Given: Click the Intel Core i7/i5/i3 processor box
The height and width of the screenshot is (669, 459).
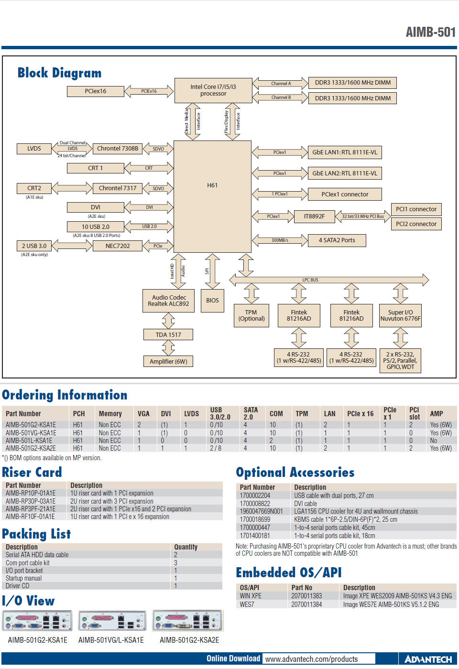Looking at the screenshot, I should pyautogui.click(x=213, y=90).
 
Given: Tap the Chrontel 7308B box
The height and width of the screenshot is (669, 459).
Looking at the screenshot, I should pyautogui.click(x=118, y=149).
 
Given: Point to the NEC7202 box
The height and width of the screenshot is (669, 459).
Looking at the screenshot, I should pyautogui.click(x=118, y=246).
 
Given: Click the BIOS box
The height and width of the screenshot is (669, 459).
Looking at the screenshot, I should pyautogui.click(x=212, y=301).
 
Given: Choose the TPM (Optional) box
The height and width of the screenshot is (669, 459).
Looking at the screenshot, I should pyautogui.click(x=251, y=315).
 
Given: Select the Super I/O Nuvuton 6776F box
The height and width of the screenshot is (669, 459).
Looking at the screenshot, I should pyautogui.click(x=400, y=315).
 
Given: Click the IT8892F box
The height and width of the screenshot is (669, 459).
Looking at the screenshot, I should pyautogui.click(x=314, y=216).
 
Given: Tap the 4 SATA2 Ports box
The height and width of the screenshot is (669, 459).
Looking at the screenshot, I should pyautogui.click(x=337, y=240).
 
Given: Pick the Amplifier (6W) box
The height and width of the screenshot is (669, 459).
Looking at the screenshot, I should pyautogui.click(x=168, y=361).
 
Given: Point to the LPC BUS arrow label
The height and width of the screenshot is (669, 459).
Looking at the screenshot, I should pyautogui.click(x=310, y=280).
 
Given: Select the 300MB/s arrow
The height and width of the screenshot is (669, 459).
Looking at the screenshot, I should pyautogui.click(x=280, y=240).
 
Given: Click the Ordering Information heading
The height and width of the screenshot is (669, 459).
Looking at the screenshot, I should pyautogui.click(x=65, y=395).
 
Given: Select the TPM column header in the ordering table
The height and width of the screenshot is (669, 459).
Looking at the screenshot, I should pyautogui.click(x=302, y=414).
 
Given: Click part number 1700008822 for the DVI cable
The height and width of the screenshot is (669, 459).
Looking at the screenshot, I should pyautogui.click(x=255, y=504).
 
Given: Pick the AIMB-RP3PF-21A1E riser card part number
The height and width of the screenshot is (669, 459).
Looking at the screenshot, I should pyautogui.click(x=31, y=509).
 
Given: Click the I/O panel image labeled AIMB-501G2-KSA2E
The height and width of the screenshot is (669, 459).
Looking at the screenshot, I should pyautogui.click(x=188, y=621).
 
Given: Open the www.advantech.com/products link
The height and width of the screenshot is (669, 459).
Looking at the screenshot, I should pyautogui.click(x=311, y=659).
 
